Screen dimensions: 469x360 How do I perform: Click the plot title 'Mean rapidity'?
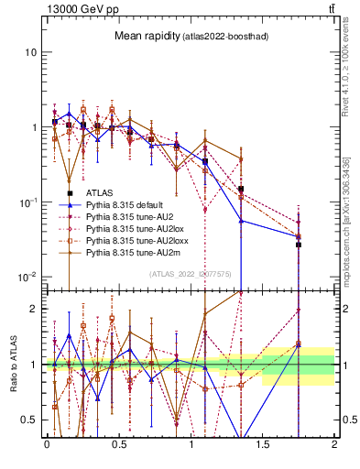[x=146, y=36]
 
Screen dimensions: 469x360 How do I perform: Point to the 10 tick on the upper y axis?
[x=30, y=52]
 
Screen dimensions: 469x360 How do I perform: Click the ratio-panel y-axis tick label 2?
[x=34, y=309]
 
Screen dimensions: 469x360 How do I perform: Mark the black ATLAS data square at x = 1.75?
[x=298, y=245]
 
